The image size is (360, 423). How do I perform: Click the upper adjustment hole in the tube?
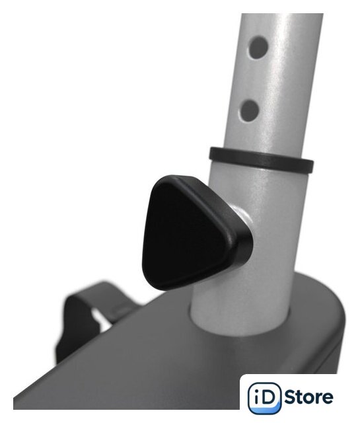click(259, 48)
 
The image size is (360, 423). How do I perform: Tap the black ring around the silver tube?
click(261, 160)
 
